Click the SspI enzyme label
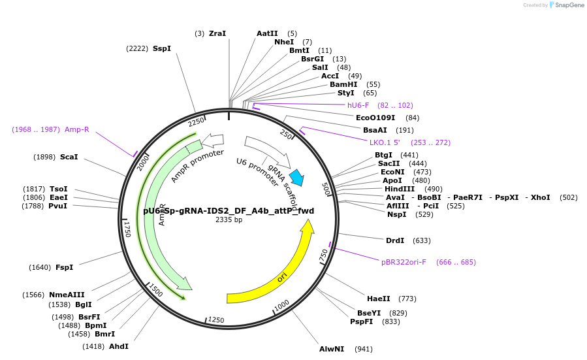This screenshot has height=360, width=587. [161, 48]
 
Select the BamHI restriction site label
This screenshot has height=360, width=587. [343, 84]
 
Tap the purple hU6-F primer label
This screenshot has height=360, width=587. [358, 105]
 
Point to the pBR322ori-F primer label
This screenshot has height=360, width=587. [404, 262]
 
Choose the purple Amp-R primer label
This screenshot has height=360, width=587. [76, 129]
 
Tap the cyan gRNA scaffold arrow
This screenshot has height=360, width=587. [296, 177]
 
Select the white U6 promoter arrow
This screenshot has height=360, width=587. [268, 151]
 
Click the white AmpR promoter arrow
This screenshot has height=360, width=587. [213, 140]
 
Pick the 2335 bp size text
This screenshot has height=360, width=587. [229, 220]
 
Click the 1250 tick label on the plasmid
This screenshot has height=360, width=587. [216, 320]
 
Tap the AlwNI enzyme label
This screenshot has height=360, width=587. [331, 349]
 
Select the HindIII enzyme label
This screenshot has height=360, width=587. [399, 189]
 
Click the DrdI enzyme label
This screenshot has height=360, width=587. [394, 240]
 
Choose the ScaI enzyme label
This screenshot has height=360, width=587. [69, 157]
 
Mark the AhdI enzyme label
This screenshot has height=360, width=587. [118, 346]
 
